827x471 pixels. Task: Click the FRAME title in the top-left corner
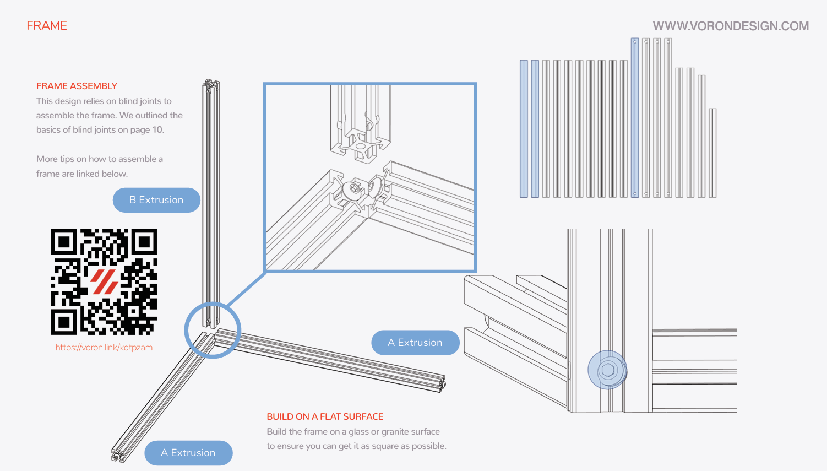tap(47, 26)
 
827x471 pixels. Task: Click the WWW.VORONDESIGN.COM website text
tap(731, 26)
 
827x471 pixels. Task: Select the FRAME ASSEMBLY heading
tap(77, 86)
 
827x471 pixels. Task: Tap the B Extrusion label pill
tap(156, 200)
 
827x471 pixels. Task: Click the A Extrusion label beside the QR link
tap(415, 343)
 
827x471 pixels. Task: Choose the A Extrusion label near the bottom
tap(188, 453)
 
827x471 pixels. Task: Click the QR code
tap(104, 282)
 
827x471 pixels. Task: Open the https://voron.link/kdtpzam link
tap(104, 348)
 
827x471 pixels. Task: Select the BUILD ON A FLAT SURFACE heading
tap(325, 416)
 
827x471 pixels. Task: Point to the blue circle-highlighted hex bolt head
tap(607, 370)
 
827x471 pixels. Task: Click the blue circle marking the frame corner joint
tap(213, 330)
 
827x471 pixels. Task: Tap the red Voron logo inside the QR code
tap(104, 281)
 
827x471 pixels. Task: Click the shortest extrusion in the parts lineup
tap(712, 153)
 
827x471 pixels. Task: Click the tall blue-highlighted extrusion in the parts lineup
tap(635, 117)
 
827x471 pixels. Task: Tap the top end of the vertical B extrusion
tap(211, 84)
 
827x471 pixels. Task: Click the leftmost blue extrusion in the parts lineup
tap(524, 129)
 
